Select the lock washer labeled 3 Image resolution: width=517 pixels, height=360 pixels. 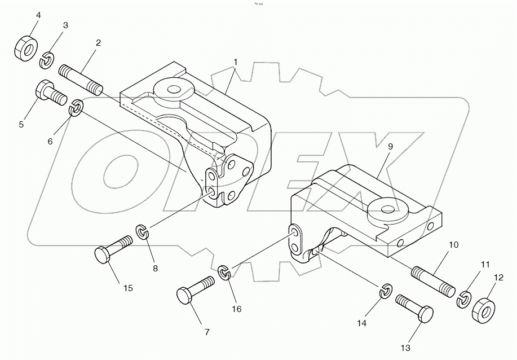(48, 58)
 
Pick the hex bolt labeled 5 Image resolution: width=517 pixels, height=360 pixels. (49, 93)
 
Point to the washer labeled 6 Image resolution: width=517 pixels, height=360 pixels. (76, 108)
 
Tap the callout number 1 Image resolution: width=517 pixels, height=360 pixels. (235, 61)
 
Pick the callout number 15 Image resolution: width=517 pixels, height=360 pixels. (128, 288)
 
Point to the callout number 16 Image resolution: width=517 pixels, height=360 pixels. (236, 309)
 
